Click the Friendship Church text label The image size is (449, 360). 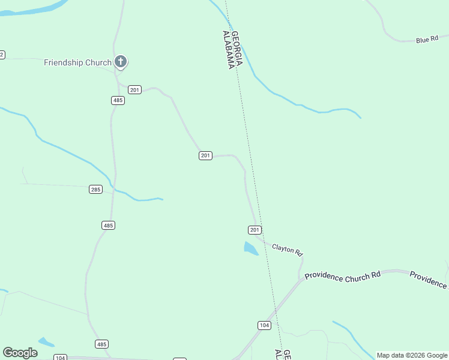pos(77,62)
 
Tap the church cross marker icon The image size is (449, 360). pos(121,61)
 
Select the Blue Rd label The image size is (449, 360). pos(427,40)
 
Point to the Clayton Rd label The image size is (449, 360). pos(288,249)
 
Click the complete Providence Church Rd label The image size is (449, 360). pos(343,276)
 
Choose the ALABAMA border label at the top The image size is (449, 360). pos(228,50)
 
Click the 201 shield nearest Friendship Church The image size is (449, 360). pos(134,90)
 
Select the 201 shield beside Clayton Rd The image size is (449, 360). pos(255,230)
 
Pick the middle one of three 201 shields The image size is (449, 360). pos(205,155)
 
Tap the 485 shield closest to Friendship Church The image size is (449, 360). pos(118,100)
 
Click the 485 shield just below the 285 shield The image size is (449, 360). pos(108,225)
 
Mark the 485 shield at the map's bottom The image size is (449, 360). pos(101,344)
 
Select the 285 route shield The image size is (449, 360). pos(95,189)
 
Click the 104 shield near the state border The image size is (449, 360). pos(264,325)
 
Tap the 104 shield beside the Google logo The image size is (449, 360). pos(59,358)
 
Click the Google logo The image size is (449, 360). pos(20,353)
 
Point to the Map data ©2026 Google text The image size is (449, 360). pos(412,355)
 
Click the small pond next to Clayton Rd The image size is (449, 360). pos(250,248)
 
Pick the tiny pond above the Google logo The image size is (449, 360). pos(46,342)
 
